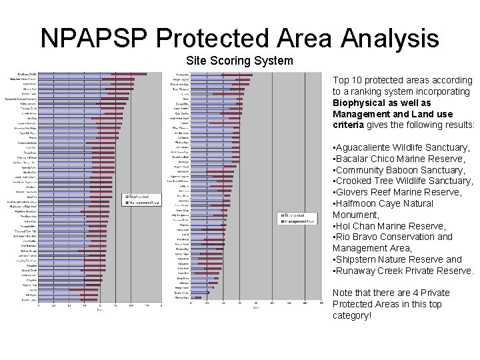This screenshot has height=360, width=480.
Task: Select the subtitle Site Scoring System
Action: (x=239, y=61)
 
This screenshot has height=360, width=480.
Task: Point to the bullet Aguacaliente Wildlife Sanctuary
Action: (x=403, y=147)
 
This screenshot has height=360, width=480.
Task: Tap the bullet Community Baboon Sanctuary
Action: (x=401, y=170)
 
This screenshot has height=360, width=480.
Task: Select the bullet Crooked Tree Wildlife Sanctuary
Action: (x=404, y=181)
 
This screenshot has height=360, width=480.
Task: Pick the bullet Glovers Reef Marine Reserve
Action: (x=398, y=193)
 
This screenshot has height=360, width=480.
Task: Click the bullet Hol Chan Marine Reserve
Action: (x=391, y=226)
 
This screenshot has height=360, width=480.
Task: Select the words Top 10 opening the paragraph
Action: (x=345, y=80)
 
